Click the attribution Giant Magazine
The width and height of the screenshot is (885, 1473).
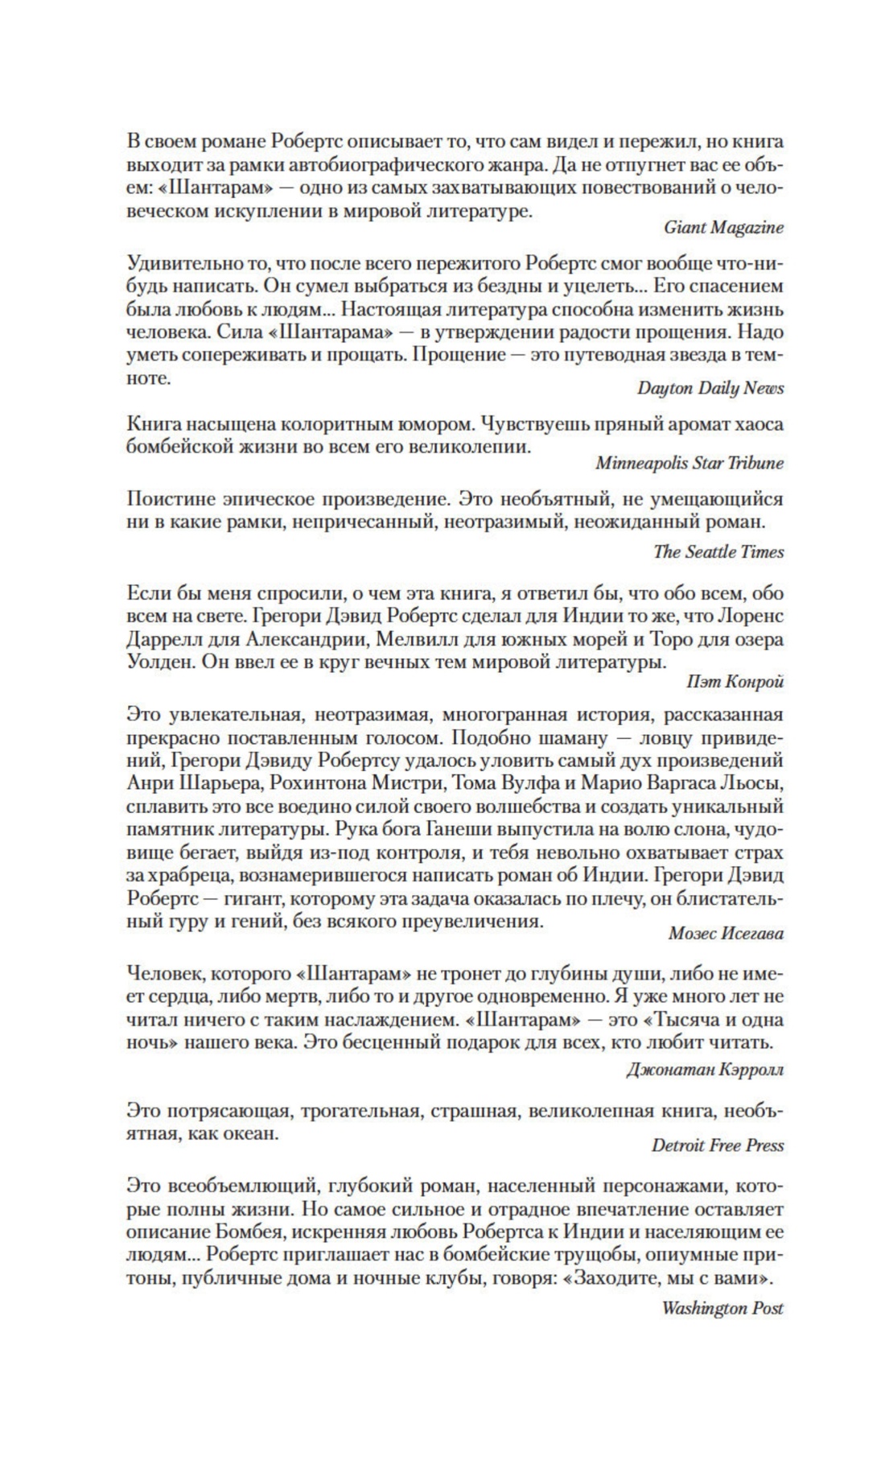coord(723,228)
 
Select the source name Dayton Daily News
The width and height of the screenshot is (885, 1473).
coord(710,388)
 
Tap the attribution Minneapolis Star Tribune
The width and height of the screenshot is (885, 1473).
coord(689,464)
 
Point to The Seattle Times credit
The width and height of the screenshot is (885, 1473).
coord(718,552)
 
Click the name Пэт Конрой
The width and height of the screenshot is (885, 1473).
coord(735,682)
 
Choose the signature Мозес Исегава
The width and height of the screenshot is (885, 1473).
coord(726,934)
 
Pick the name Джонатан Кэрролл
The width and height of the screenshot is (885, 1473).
coord(704,1070)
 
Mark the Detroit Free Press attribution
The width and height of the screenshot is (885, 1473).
coord(717,1145)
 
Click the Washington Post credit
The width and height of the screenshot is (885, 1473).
coord(722,1308)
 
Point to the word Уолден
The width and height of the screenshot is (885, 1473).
coord(156,663)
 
